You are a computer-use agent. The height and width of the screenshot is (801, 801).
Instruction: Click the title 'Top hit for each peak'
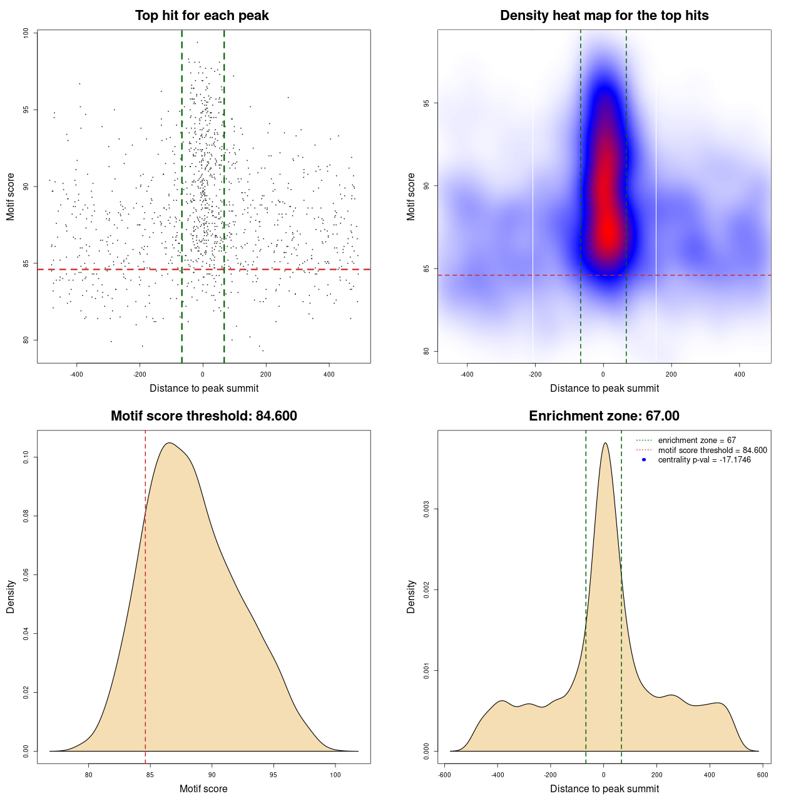coord(202,16)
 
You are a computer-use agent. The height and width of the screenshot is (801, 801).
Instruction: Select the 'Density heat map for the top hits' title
coord(604,16)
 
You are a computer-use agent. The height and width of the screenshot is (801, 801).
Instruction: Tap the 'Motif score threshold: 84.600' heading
coord(203,416)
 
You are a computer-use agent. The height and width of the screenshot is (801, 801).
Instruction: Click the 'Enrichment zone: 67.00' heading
coord(604,416)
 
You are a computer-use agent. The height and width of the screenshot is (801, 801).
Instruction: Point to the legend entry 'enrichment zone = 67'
coord(696,441)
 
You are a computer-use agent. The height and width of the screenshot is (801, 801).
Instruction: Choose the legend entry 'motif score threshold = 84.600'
coord(712,451)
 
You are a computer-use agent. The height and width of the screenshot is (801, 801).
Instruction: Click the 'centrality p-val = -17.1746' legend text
coord(704,460)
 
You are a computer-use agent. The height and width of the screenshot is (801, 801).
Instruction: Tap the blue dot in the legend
coord(644,460)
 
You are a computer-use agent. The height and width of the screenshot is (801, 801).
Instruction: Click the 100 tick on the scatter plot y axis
coord(26,33)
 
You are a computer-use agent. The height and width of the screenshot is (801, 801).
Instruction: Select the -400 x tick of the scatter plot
coord(76,375)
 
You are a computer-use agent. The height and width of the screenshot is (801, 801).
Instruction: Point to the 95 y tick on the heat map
coord(427,103)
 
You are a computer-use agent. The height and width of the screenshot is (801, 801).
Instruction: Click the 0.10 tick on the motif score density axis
coord(26,457)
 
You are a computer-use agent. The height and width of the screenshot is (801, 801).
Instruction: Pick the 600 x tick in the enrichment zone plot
coord(762,775)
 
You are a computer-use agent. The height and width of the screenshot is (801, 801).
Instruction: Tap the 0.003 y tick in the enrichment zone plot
coord(427,509)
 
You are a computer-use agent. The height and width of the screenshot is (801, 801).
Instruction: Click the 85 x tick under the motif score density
coord(150,775)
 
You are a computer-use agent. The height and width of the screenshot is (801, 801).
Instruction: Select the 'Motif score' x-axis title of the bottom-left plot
coord(203,789)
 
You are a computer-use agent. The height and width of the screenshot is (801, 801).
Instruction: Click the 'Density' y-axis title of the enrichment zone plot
coord(411,596)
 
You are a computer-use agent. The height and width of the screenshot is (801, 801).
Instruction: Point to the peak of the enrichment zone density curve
coord(605,443)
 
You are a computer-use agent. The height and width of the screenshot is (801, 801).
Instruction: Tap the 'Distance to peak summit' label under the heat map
coord(604,389)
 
